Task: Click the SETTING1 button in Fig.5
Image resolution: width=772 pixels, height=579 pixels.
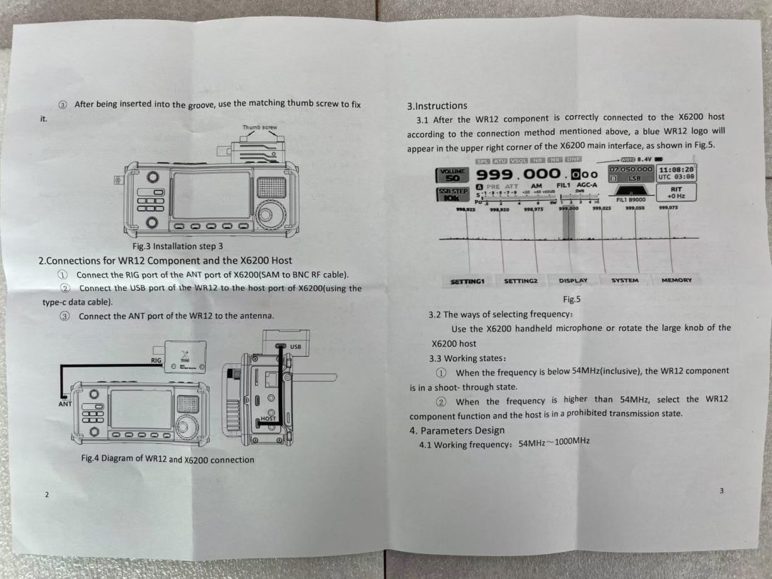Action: pos(467,281)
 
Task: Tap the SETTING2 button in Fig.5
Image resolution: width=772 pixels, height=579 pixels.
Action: pos(520,281)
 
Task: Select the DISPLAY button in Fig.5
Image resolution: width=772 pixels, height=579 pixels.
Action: pos(573,281)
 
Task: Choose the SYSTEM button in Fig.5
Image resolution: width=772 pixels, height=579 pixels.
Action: pos(625,280)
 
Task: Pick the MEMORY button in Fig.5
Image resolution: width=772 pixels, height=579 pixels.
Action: pos(676,280)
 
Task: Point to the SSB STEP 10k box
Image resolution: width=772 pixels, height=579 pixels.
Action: pos(452,195)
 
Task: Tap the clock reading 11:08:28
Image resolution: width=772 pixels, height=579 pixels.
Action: pos(676,169)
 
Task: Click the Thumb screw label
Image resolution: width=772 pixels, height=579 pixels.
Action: pos(259,127)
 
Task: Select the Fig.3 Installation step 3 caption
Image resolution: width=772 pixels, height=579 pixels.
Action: pos(172,246)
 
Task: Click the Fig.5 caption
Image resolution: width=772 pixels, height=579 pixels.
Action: pos(572,300)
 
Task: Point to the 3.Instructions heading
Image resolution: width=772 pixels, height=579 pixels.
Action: pos(437,106)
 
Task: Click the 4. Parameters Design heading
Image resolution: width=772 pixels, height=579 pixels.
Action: pos(457,430)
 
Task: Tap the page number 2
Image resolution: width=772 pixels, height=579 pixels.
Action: pos(46,495)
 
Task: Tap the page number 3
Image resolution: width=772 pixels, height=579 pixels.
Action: pos(721,490)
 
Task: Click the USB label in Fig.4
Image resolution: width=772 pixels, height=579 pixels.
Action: pos(295,347)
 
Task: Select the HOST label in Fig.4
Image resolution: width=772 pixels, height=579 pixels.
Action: pos(268,418)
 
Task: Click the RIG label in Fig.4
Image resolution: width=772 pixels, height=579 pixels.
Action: pos(156,361)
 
